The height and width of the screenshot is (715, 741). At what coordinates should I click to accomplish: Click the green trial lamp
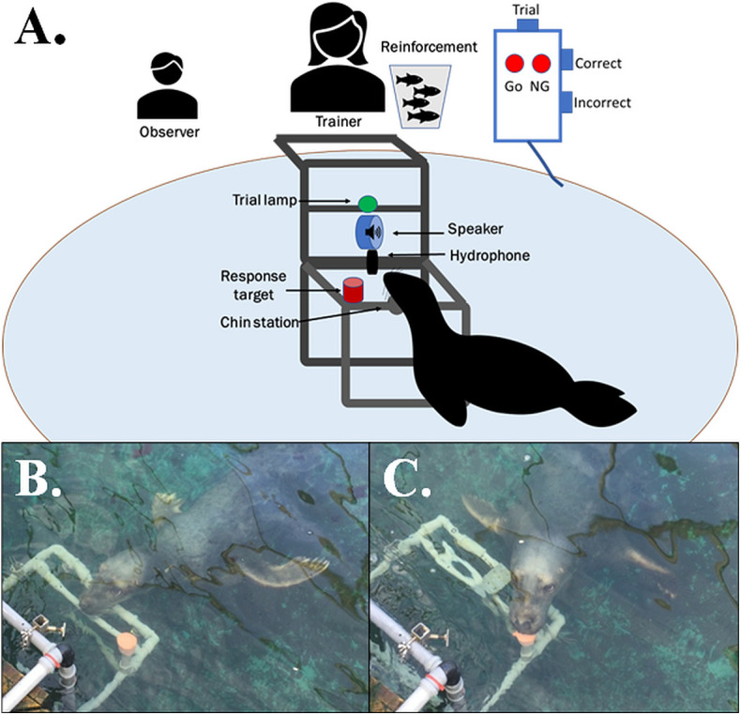coord(368,202)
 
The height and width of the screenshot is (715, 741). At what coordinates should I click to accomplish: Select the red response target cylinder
coord(353,290)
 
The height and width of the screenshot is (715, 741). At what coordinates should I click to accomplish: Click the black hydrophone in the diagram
coord(372,262)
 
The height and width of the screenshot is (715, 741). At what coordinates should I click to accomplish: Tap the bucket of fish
coord(420,96)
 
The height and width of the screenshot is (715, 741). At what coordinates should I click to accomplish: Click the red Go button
coord(514,65)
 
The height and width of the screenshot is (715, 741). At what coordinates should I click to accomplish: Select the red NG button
coord(541,65)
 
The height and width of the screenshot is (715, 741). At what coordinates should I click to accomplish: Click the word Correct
coord(597,65)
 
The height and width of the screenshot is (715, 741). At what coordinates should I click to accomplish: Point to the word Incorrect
coord(602,102)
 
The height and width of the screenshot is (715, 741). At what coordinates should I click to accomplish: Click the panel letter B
coord(40,480)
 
